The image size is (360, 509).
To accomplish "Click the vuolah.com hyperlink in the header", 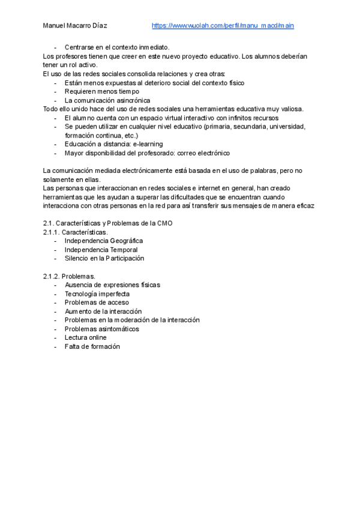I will (223, 26).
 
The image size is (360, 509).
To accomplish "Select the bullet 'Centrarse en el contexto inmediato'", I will (117, 47).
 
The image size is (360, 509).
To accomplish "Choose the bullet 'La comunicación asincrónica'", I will (107, 100).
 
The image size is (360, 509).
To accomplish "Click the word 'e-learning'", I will (148, 144).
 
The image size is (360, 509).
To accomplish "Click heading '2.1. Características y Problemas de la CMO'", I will (107, 223).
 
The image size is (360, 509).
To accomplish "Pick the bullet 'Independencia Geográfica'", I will (104, 241).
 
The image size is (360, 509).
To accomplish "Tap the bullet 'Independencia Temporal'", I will (101, 250).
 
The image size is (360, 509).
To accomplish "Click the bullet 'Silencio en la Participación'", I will (104, 258).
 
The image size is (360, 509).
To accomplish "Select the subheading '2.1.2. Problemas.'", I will (69, 276).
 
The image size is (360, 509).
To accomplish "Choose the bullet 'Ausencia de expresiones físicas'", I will (112, 285).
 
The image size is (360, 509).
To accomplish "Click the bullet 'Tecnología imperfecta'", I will (97, 294).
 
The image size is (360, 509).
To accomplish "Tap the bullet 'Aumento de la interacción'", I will (103, 312).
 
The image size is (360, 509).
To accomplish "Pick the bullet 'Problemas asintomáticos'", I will (102, 329).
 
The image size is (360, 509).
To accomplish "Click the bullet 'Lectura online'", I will (86, 337).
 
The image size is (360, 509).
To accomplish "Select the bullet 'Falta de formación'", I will (92, 346).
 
